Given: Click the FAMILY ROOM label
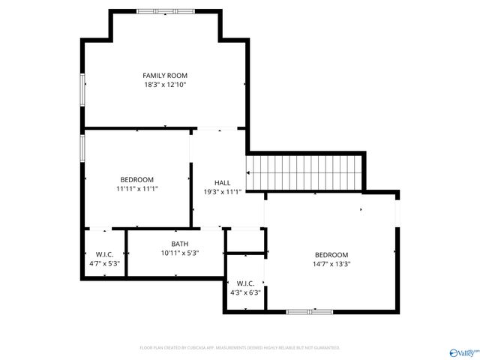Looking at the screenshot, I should (x=165, y=75).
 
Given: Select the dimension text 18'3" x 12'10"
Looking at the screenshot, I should (x=165, y=85).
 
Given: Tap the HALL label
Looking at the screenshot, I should (x=222, y=182).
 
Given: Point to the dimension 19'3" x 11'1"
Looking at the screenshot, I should (x=222, y=192).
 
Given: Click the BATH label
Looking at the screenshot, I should (x=179, y=244).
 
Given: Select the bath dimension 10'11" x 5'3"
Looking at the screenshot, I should (x=179, y=253).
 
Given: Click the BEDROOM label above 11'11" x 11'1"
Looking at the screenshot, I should (x=136, y=179).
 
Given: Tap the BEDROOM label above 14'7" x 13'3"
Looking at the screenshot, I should (x=331, y=254).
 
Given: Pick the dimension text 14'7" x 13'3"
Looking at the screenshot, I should (x=331, y=264).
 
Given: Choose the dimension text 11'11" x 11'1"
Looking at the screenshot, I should (x=136, y=189).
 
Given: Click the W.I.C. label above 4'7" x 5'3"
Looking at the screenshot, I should (x=104, y=254).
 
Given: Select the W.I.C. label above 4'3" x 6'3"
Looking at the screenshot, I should (x=245, y=283).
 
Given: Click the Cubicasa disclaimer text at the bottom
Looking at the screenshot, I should (x=240, y=347).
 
